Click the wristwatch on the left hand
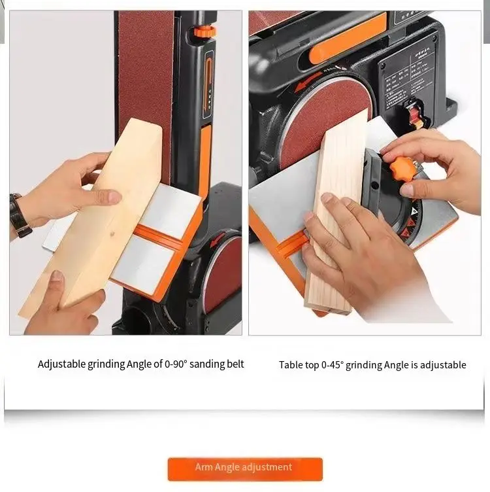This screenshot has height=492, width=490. click(x=20, y=215)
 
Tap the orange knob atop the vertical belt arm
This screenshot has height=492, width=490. click(x=205, y=31)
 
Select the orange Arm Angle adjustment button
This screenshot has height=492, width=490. click(x=245, y=468)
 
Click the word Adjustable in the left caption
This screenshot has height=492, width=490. click(x=61, y=364)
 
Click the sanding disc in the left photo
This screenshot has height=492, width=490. click(x=221, y=274)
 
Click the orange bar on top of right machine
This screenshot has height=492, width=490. click(x=347, y=39)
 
